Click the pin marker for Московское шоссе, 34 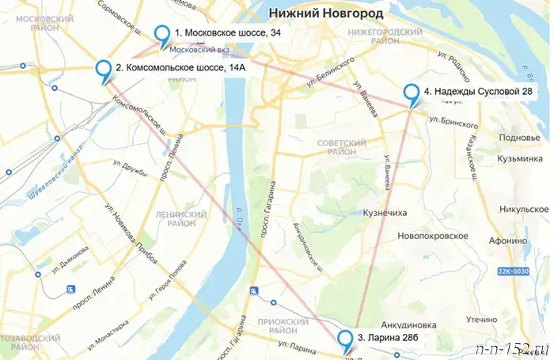click(163, 35)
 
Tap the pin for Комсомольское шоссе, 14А click(104, 70)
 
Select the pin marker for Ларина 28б click(346, 339)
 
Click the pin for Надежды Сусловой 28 click(412, 93)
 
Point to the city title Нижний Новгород click(326, 13)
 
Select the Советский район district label click(340, 146)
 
